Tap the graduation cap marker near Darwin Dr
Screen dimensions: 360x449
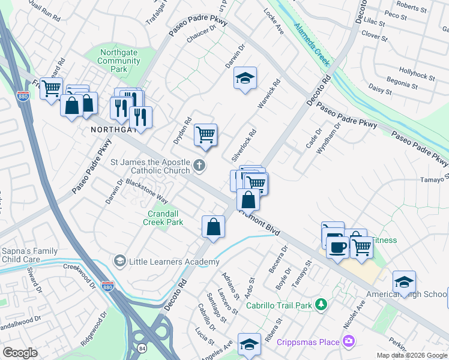tap(245, 79)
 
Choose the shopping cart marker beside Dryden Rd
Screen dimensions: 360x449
tap(205, 135)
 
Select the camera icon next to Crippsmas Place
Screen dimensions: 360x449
tap(349, 341)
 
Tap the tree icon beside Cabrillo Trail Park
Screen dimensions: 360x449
tap(321, 305)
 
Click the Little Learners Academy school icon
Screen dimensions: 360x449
tap(119, 262)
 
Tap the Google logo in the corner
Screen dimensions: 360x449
tap(20, 353)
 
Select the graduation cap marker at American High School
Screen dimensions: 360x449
tap(404, 282)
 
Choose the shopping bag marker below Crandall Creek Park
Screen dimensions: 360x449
tap(213, 227)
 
